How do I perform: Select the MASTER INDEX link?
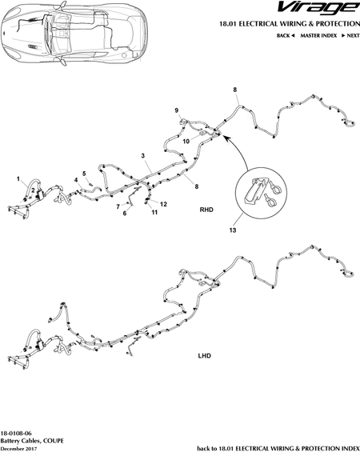point(318,35)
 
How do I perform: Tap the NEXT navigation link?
point(350,35)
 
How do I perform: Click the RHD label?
point(206,210)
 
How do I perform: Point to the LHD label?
point(204,356)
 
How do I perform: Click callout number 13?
point(233,230)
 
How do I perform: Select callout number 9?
point(176,110)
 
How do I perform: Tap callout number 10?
point(186,142)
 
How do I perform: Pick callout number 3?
point(142,156)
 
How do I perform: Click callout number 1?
point(18,179)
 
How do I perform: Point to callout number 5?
point(84,174)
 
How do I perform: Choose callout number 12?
point(163,204)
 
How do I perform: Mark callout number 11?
point(154,213)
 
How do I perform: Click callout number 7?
point(118,206)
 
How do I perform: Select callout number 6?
point(125,214)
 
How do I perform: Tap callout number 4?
point(76,180)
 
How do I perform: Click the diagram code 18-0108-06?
point(16,434)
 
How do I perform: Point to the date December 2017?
point(18,449)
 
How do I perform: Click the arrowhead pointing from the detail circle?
point(226,138)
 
